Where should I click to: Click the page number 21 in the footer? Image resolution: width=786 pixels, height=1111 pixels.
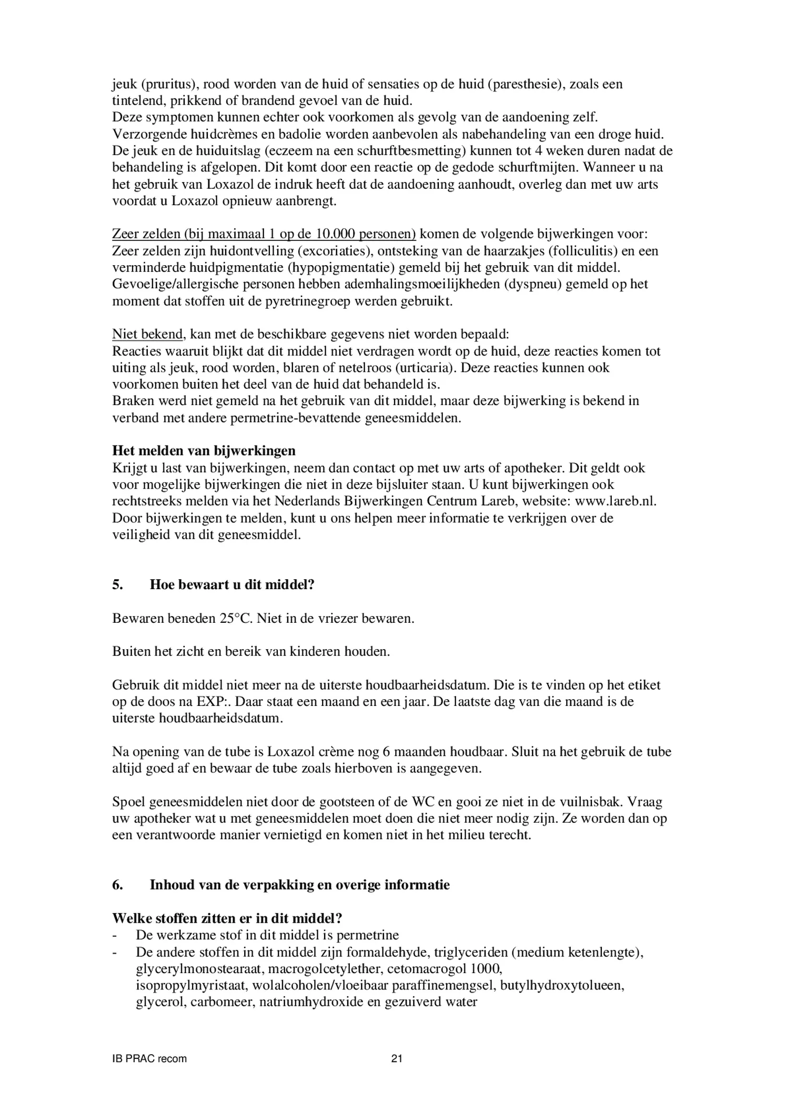pyautogui.click(x=397, y=1058)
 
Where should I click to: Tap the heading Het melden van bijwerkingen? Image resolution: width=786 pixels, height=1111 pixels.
pyautogui.click(x=204, y=451)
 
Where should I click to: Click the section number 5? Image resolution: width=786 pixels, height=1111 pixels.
pyautogui.click(x=117, y=584)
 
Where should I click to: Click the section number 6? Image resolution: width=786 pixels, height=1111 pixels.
pyautogui.click(x=117, y=885)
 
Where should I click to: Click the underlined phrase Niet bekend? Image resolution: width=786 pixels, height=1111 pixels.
pyautogui.click(x=147, y=334)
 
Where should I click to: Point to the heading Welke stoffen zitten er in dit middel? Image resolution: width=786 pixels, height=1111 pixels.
pyautogui.click(x=227, y=918)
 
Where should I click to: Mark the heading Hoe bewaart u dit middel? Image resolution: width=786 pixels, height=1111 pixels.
pyautogui.click(x=232, y=584)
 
